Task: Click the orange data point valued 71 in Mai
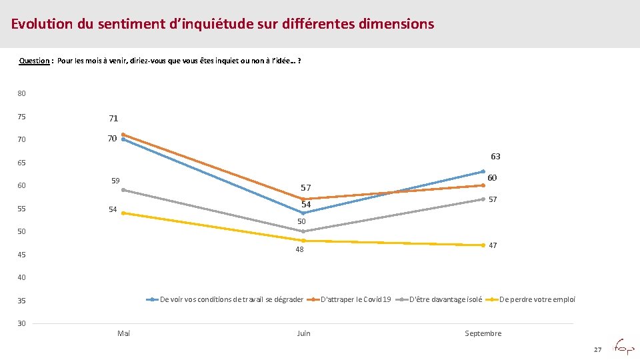coord(123,135)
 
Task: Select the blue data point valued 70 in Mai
coord(123,139)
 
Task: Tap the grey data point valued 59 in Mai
coord(123,190)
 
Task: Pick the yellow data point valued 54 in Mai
coord(123,213)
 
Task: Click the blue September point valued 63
coord(483,171)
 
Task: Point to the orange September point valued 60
coord(483,185)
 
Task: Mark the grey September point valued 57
coord(483,199)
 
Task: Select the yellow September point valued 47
coord(483,245)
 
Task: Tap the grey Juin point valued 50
coord(303,231)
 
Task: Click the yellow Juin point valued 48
coord(303,241)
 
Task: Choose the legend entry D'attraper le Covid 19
coord(356,299)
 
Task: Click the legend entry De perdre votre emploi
coord(537,299)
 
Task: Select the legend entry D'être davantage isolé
coord(445,299)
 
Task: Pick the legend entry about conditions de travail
coord(231,299)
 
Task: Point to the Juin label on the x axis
coord(303,333)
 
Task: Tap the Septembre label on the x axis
coord(483,333)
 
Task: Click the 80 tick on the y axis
coord(22,93)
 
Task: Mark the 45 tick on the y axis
coord(22,255)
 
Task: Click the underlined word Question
coord(34,61)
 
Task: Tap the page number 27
coord(597,349)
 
